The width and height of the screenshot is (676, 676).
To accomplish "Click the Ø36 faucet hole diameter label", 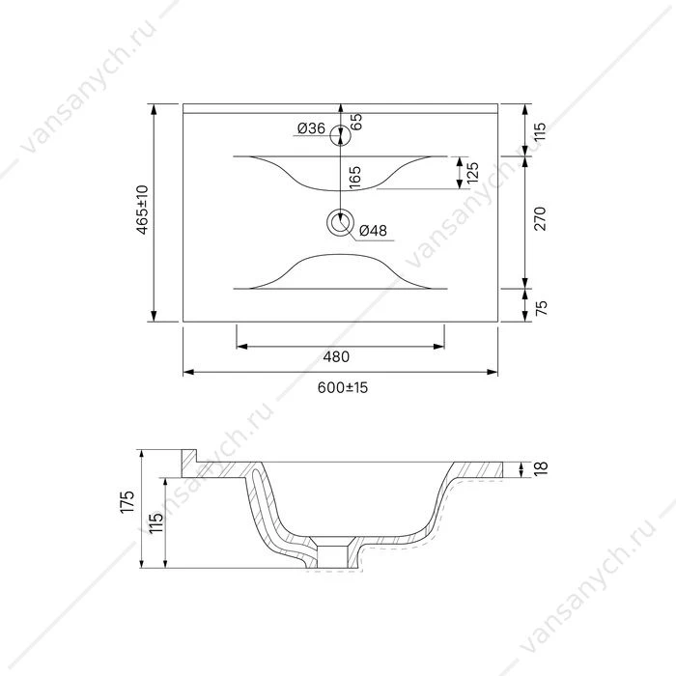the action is (x=311, y=128).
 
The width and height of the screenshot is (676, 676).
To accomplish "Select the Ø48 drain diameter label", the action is (x=373, y=231).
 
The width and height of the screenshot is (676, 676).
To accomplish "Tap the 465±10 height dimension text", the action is (x=142, y=210).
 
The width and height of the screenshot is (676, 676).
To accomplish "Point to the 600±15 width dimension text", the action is (x=343, y=387).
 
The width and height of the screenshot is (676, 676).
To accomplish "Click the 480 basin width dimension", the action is (x=336, y=357).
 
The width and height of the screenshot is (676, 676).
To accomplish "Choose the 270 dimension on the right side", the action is (x=540, y=218).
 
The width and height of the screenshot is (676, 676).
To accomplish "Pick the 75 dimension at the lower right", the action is (x=541, y=307).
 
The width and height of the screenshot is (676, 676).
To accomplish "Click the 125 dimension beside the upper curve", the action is (x=472, y=173).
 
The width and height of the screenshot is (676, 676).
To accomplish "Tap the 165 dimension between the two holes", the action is (x=354, y=177).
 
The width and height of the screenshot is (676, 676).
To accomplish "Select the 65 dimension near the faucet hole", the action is (x=356, y=122).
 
